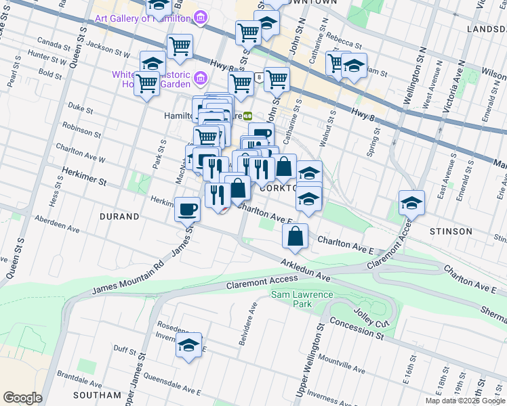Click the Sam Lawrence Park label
click(x=302, y=299)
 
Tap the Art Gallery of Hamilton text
click(x=143, y=18)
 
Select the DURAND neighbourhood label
click(x=119, y=217)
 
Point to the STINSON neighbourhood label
click(x=451, y=231)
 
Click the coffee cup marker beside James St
click(x=187, y=209)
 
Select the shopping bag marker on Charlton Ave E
click(x=296, y=237)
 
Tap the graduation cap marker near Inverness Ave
click(x=189, y=346)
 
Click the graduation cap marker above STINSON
click(x=411, y=202)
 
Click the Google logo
click(x=22, y=398)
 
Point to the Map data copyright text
click(x=465, y=401)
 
